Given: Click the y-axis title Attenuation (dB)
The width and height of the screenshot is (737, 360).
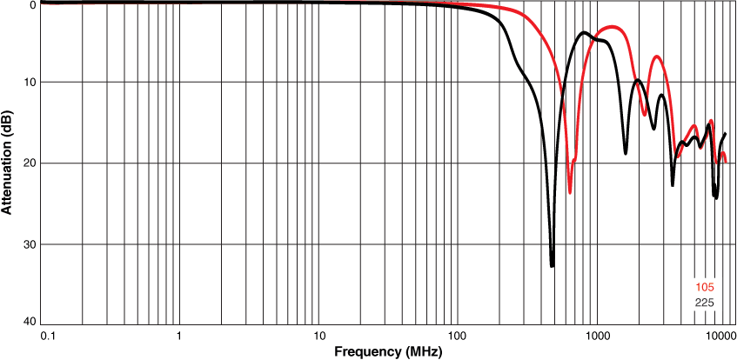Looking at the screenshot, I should click(7, 163).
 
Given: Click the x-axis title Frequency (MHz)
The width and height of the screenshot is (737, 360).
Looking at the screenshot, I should click(387, 351).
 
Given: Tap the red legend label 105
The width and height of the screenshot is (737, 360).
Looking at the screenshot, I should click(705, 288).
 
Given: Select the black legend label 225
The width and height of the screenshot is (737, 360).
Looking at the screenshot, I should click(705, 303).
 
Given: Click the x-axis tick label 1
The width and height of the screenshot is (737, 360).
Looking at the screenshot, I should click(179, 334).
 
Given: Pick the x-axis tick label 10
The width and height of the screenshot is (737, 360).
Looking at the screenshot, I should click(318, 334).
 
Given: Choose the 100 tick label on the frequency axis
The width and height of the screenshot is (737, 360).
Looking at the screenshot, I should click(458, 334).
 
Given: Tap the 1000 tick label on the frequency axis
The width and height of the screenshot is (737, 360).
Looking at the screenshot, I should click(597, 334).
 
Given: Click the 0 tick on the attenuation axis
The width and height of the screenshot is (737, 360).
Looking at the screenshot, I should click(31, 4).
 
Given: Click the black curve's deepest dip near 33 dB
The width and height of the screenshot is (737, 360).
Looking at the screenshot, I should click(552, 265).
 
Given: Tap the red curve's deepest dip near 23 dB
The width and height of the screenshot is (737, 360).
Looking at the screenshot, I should click(570, 191).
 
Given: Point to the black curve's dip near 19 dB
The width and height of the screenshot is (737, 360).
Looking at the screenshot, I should click(626, 153).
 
